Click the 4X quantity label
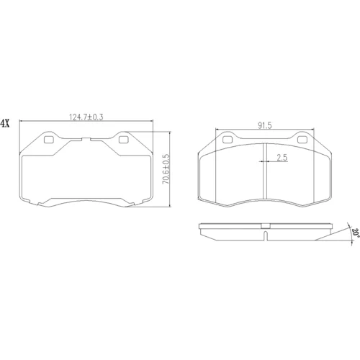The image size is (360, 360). click(x=5, y=123)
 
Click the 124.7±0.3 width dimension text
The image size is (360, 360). click(x=86, y=117)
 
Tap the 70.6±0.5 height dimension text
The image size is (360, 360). click(x=166, y=169)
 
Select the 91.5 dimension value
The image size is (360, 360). click(x=265, y=125)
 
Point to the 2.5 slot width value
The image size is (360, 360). click(x=282, y=158)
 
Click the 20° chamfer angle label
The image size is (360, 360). click(x=356, y=232)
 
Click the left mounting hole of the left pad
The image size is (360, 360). click(x=49, y=140)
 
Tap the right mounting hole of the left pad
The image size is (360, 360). click(x=124, y=140)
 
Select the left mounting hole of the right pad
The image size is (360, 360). click(x=228, y=140)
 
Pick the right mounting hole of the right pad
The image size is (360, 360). click(x=302, y=140)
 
